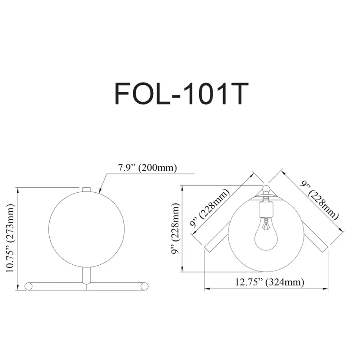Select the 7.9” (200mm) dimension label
147,168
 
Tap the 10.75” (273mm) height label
10,238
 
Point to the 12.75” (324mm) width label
270,282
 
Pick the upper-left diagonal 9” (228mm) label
210,208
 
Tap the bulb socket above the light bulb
266,209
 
